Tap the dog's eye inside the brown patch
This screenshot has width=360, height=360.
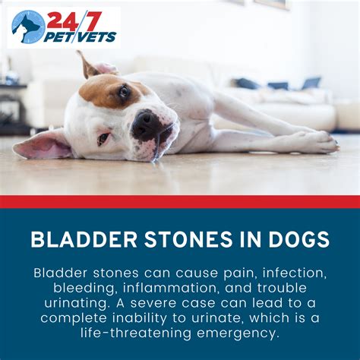pyautogui.click(x=124, y=91)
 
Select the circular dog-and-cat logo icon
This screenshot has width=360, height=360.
pyautogui.click(x=28, y=27)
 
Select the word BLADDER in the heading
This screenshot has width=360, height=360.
pyautogui.click(x=84, y=239)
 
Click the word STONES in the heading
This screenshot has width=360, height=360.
pyautogui.click(x=188, y=239)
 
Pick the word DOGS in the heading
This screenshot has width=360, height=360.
pyautogui.click(x=299, y=239)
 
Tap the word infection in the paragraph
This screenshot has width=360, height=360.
pyautogui.click(x=294, y=273)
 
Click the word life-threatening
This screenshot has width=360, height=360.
pyautogui.click(x=136, y=333)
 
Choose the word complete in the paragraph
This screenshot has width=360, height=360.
pyautogui.click(x=74, y=318)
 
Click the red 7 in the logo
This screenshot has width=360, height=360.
pyautogui.click(x=92, y=21)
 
